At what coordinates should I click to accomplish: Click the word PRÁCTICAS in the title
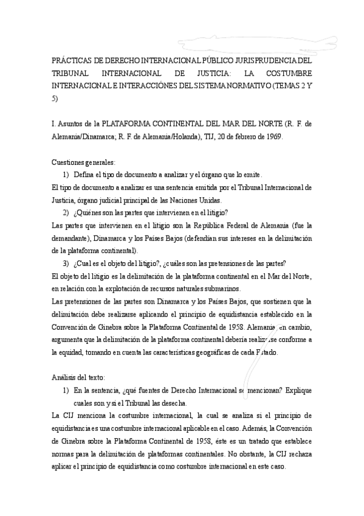[x=70, y=60]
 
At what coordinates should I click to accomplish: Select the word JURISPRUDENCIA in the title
[x=268, y=60]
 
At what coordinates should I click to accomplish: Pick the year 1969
[x=271, y=136]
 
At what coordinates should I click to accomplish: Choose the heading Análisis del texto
[x=78, y=377]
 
